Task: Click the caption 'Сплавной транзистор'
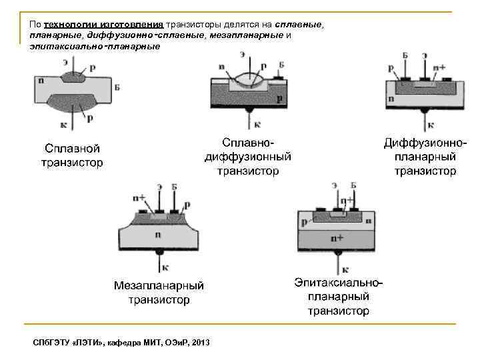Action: click(72, 155)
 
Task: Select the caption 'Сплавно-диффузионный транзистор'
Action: click(247, 157)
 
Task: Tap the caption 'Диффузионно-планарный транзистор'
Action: click(425, 157)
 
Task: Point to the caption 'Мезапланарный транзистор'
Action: click(159, 293)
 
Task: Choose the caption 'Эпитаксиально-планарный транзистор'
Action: click(339, 297)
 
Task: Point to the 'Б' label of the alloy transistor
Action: click(117, 87)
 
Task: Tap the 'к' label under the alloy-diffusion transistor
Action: click(258, 125)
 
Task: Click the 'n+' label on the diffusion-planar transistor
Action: click(439, 67)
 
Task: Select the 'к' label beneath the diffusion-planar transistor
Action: click(430, 125)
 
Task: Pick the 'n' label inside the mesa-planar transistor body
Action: click(158, 235)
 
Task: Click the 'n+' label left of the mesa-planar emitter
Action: click(139, 198)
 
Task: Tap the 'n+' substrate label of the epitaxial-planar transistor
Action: click(340, 237)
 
